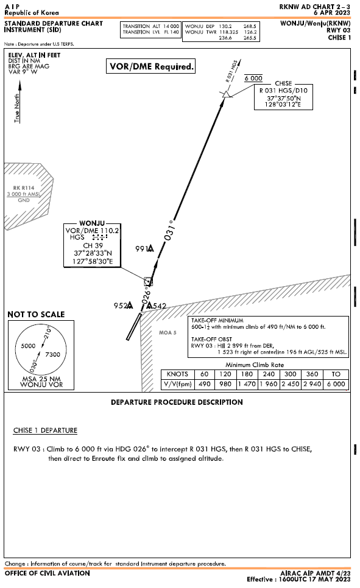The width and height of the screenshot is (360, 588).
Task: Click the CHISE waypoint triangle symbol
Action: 227,94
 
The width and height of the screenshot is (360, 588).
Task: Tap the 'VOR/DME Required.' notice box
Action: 151,67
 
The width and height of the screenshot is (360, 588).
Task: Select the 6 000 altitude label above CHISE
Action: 253,79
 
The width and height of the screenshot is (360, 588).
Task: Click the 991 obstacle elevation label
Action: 141,248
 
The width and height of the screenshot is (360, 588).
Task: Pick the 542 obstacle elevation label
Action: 159,306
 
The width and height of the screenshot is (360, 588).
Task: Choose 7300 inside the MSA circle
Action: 53,354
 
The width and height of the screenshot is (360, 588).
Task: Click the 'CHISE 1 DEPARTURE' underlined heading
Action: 45,430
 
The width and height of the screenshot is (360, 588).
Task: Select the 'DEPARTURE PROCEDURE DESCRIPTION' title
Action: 177,402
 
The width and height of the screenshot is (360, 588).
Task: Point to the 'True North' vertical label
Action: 18,108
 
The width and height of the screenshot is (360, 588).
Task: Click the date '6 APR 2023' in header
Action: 332,12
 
